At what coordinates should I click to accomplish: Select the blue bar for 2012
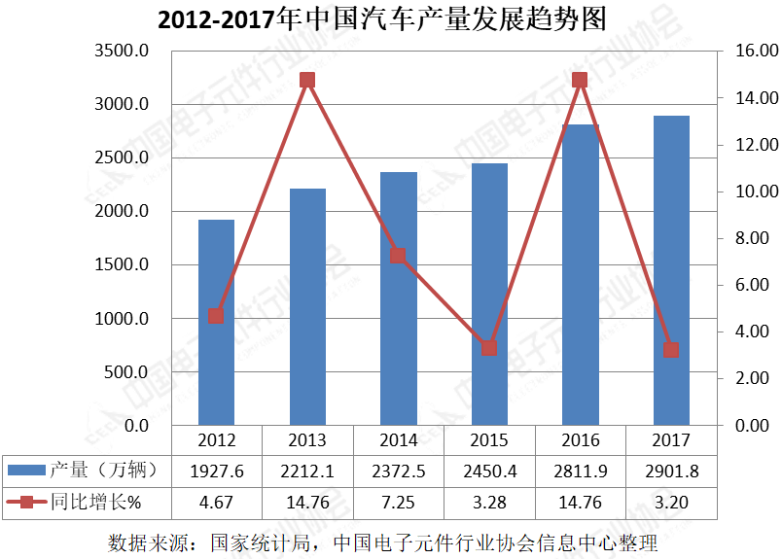tap(216, 322)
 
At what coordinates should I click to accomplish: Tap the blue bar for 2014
tap(398, 298)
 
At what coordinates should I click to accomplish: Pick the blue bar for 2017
tap(671, 270)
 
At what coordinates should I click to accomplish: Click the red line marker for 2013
tap(307, 81)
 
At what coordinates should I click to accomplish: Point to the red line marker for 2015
tap(489, 348)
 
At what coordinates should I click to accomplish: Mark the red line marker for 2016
tap(580, 81)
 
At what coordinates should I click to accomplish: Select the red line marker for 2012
tap(216, 316)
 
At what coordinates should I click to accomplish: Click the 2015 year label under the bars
tap(489, 440)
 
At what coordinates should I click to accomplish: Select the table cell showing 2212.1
tap(307, 471)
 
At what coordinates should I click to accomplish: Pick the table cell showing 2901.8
tap(671, 471)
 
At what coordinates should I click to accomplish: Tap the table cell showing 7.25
tap(398, 502)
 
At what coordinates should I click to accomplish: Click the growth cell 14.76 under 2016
tap(580, 502)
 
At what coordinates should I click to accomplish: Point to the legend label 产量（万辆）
tap(103, 471)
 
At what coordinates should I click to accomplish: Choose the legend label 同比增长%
tap(96, 502)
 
